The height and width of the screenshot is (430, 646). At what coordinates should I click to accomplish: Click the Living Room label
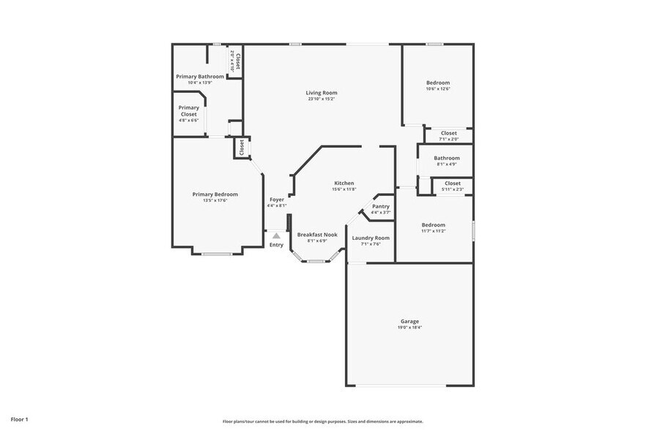(322, 93)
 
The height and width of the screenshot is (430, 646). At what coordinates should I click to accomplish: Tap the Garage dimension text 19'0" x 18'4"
(409, 328)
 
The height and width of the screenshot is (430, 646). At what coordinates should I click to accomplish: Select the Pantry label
(381, 206)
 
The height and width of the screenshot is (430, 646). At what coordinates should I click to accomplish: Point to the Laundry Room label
(371, 238)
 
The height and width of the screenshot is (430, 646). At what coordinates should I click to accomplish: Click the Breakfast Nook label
(317, 234)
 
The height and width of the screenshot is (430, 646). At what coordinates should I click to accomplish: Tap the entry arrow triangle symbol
(276, 235)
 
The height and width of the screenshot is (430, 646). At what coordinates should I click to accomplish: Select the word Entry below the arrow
(276, 245)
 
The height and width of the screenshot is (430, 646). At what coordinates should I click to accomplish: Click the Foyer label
(276, 200)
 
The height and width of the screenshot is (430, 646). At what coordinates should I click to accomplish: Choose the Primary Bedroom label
(215, 194)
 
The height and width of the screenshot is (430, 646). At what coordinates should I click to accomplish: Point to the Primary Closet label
(188, 111)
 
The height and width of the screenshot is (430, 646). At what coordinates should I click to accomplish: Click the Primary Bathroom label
(200, 76)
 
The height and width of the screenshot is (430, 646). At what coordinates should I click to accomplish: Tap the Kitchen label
(344, 183)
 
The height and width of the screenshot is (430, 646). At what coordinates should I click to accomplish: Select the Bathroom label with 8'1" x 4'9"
(447, 158)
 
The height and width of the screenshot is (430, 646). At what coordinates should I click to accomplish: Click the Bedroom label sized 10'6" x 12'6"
(438, 83)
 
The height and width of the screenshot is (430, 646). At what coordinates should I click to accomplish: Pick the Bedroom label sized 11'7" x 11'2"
(433, 225)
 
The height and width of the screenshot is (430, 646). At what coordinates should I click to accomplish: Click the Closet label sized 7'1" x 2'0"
(448, 133)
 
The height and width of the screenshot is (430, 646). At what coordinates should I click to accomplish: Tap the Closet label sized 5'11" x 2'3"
(452, 183)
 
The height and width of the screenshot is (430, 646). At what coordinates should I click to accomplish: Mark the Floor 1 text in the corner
(19, 419)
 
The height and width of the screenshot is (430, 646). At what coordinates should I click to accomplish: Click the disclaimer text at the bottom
(322, 421)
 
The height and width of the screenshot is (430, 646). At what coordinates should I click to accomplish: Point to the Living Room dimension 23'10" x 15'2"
(322, 99)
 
